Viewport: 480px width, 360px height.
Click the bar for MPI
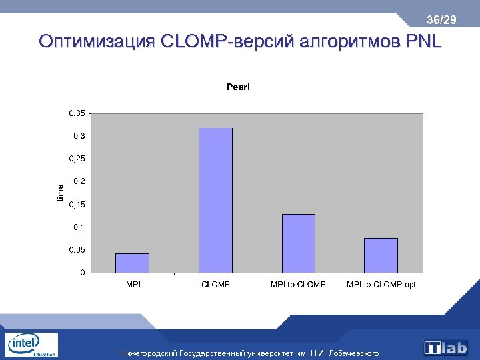132,263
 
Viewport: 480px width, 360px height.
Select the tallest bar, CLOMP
215,200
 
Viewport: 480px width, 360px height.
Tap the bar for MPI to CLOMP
298,243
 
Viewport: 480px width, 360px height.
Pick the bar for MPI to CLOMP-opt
381,255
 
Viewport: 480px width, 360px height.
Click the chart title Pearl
238,87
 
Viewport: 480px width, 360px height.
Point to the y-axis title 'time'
60,193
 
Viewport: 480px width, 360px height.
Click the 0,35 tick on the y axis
77,113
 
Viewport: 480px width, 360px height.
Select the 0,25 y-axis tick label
77,159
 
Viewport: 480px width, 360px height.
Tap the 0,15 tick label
77,204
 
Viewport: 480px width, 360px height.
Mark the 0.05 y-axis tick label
77,249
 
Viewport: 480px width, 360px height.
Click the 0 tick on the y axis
82,272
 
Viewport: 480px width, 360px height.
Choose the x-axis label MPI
133,285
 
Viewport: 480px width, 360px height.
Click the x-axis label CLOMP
215,285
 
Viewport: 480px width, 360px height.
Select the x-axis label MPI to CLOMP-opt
381,285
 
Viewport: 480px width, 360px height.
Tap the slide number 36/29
442,21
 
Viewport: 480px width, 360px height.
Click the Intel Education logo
31,345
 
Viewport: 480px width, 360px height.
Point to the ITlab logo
446,347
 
